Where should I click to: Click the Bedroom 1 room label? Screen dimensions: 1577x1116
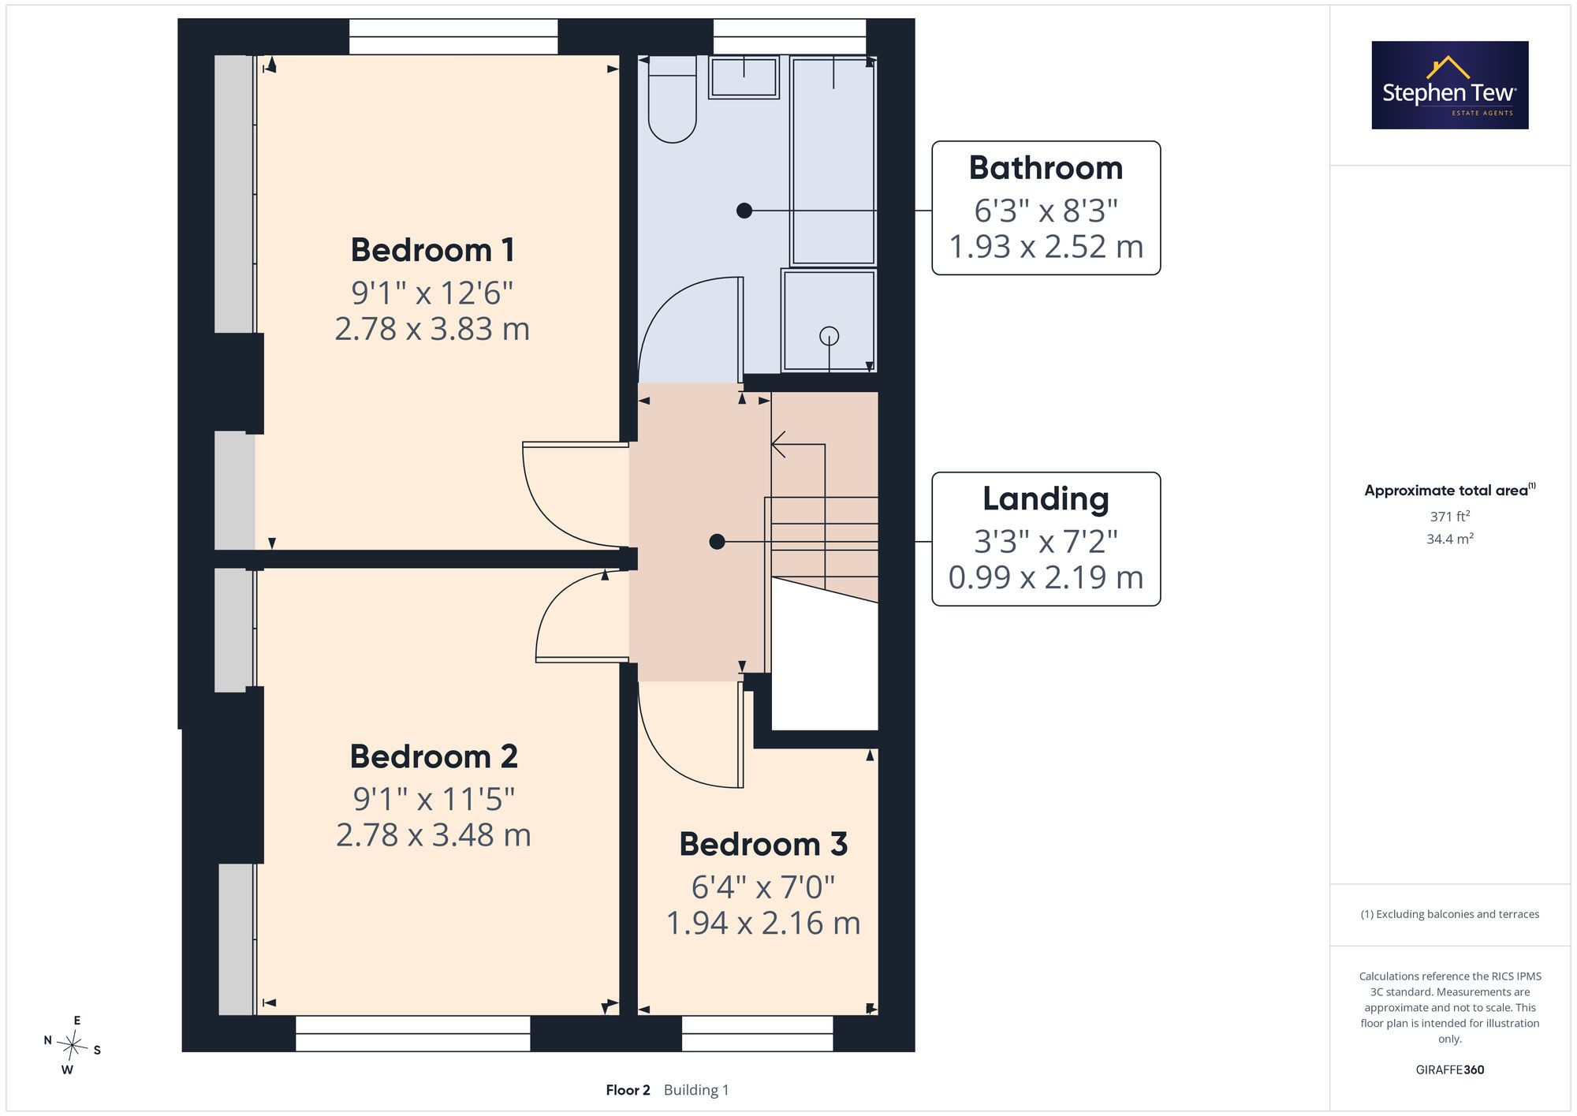pos(433,250)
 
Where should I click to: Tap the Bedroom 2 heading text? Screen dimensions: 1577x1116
pos(434,756)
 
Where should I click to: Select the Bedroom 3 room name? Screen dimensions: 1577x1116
pos(763,844)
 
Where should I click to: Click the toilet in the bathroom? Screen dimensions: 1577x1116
pos(672,99)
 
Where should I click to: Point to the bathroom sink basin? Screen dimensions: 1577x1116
pos(744,77)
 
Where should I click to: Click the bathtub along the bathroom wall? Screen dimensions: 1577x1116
pos(833,161)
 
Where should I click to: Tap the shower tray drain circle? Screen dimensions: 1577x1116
pos(829,336)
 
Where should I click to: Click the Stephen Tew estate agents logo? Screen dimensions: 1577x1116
pos(1450,85)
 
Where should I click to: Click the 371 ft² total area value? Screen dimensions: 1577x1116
pos(1450,517)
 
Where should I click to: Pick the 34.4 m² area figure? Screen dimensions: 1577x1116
pos(1450,539)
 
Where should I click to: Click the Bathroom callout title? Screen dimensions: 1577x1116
pos(1046,168)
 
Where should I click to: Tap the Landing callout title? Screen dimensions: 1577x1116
pos(1046,499)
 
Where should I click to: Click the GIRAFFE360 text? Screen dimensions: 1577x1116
pos(1450,1070)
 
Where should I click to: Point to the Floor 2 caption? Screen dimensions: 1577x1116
pos(628,1090)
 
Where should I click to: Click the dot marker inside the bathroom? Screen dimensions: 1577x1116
pos(744,211)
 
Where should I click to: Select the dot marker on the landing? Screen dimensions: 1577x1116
pos(717,542)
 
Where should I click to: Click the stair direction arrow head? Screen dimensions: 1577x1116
pos(777,444)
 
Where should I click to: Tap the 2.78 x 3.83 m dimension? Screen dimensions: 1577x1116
pos(432,329)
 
